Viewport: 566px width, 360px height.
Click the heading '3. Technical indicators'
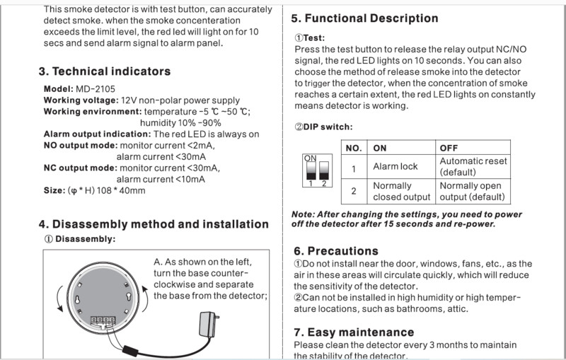[104, 71]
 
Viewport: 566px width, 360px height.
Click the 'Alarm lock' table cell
[395, 166]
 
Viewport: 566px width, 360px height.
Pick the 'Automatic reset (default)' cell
[473, 166]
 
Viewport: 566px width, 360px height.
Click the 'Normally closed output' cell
[401, 191]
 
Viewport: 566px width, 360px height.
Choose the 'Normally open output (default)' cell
[473, 191]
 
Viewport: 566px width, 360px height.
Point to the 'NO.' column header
[354, 148]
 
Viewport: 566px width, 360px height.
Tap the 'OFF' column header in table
[449, 148]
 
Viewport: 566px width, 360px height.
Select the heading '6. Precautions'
[336, 251]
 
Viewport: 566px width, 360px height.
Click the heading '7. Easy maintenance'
[354, 332]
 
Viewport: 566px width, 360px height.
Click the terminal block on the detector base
[100, 320]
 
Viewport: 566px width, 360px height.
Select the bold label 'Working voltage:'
[81, 101]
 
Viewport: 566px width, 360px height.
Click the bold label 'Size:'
[54, 191]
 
